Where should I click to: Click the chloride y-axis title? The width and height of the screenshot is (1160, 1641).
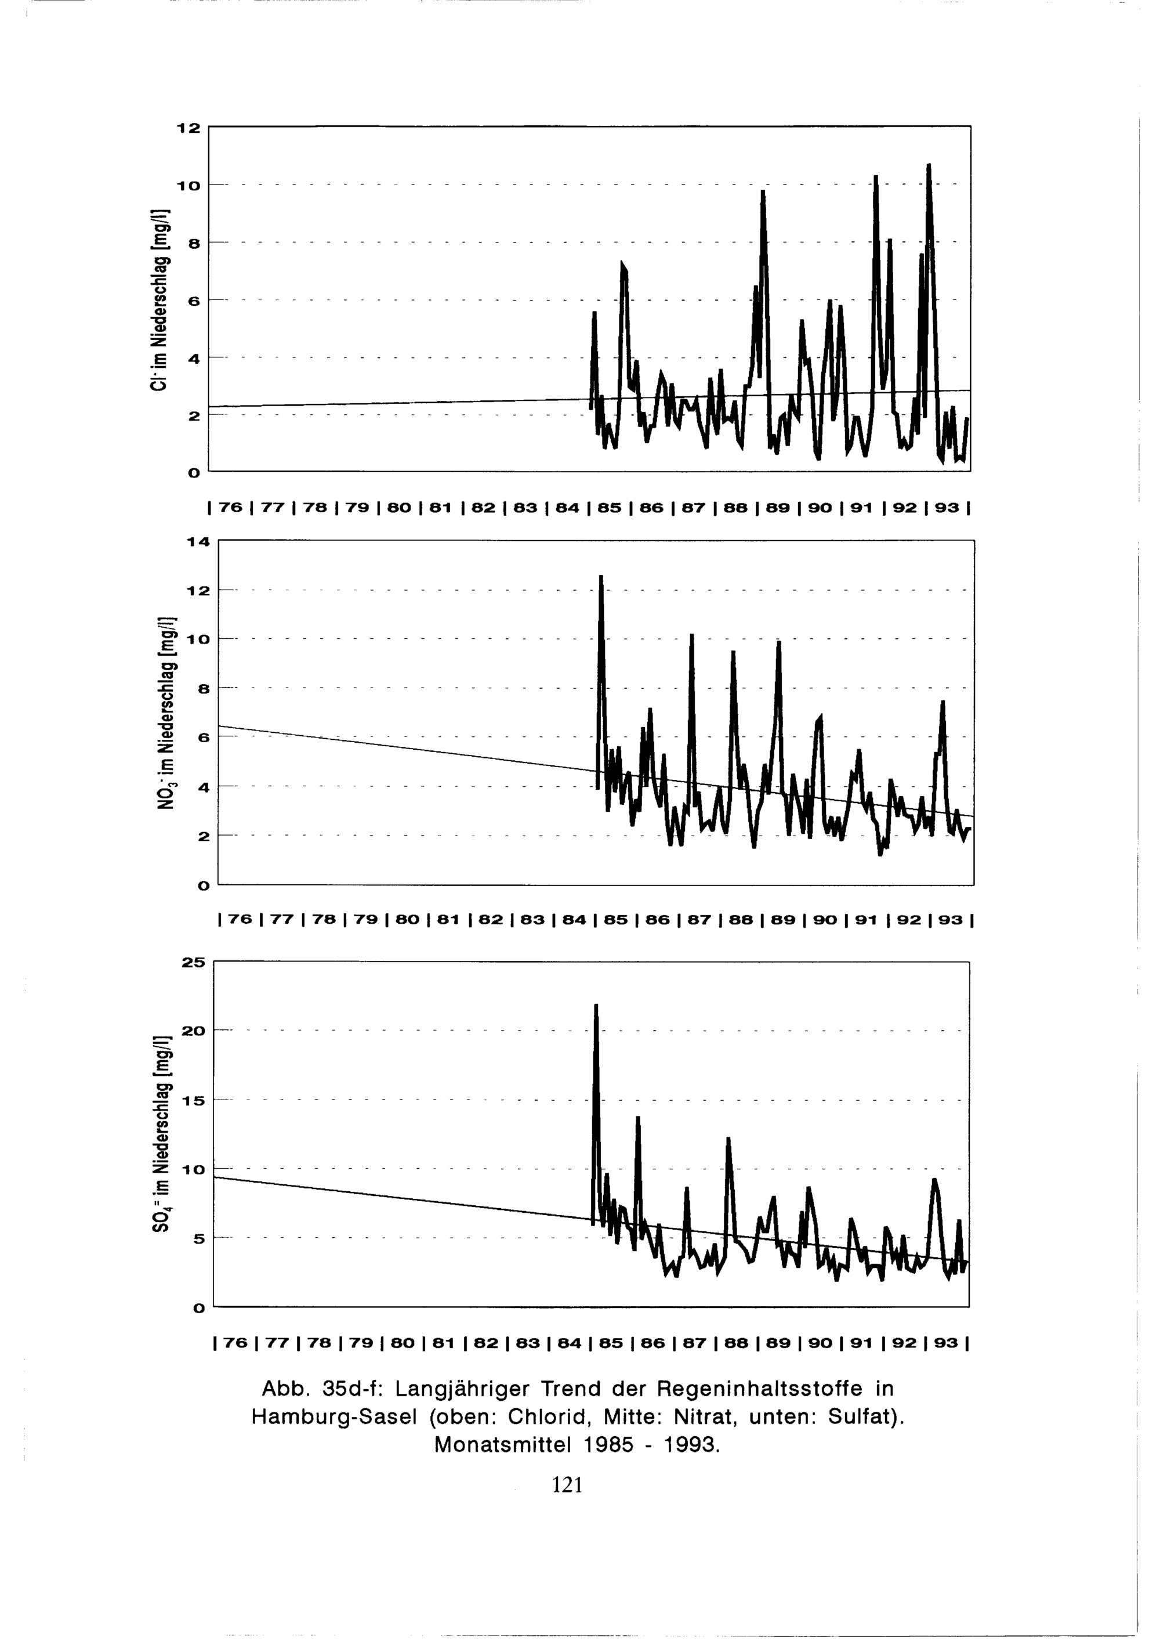[158, 300]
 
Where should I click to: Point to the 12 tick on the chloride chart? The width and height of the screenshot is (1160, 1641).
[189, 128]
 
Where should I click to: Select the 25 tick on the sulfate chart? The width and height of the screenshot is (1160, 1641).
[193, 963]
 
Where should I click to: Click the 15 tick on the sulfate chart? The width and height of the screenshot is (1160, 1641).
[193, 1101]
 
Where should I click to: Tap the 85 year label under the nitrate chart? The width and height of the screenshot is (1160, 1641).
[616, 920]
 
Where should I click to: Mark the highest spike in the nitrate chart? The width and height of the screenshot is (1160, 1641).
[601, 577]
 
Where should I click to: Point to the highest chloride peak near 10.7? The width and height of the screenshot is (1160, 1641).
[929, 166]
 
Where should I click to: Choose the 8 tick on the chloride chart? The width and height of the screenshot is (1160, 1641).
[194, 243]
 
